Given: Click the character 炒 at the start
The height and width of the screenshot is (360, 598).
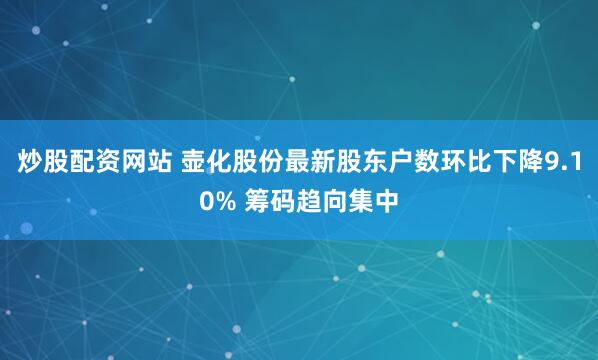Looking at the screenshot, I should coord(29,163).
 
